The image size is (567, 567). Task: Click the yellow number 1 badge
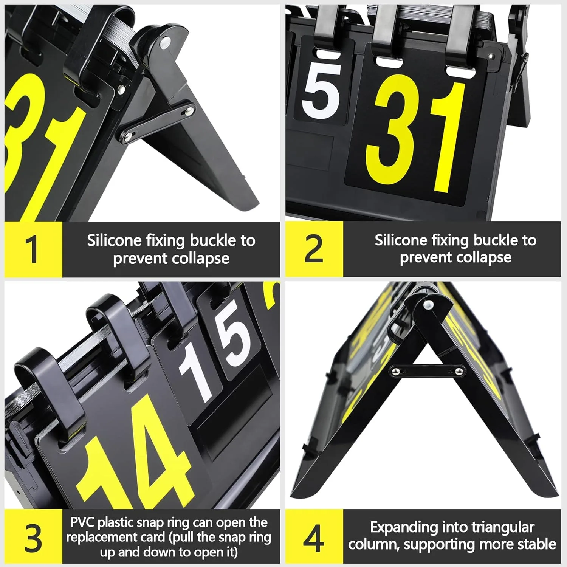coord(33,249)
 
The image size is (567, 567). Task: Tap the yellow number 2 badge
coord(314,249)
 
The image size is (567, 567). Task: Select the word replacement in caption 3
coord(115,538)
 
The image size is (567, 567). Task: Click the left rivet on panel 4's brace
coord(396,372)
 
